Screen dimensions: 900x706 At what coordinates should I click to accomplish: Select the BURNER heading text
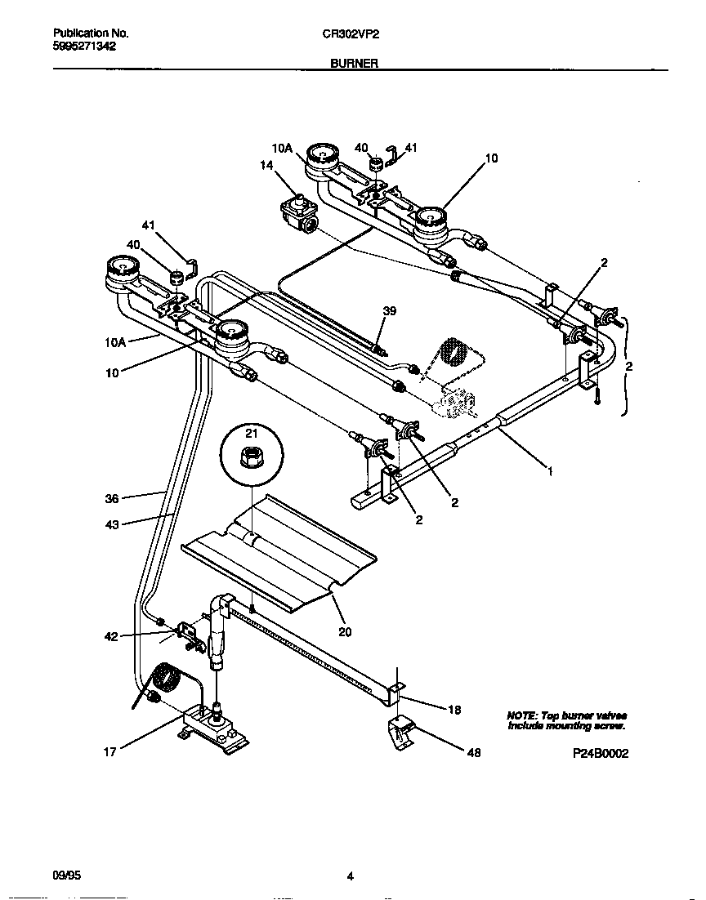(x=353, y=63)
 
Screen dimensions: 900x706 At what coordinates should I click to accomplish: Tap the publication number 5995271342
(x=84, y=47)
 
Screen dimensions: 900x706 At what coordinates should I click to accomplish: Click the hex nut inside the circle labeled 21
(x=252, y=460)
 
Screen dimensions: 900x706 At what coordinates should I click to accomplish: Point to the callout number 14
(x=266, y=165)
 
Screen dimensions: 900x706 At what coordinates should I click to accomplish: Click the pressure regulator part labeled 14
(x=298, y=215)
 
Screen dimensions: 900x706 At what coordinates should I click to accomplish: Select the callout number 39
(x=390, y=310)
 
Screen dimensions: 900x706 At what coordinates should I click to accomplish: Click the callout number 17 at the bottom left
(x=109, y=753)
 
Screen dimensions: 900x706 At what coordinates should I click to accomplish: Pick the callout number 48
(x=472, y=753)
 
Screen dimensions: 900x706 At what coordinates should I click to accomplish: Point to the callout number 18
(x=454, y=710)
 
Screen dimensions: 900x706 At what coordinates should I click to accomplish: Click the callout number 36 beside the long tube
(x=112, y=497)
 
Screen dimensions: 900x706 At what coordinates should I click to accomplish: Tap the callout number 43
(x=112, y=524)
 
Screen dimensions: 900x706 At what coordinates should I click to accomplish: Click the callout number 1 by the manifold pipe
(x=551, y=471)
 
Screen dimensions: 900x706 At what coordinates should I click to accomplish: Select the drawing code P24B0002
(x=600, y=755)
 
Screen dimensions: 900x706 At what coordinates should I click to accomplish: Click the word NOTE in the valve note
(x=522, y=715)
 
